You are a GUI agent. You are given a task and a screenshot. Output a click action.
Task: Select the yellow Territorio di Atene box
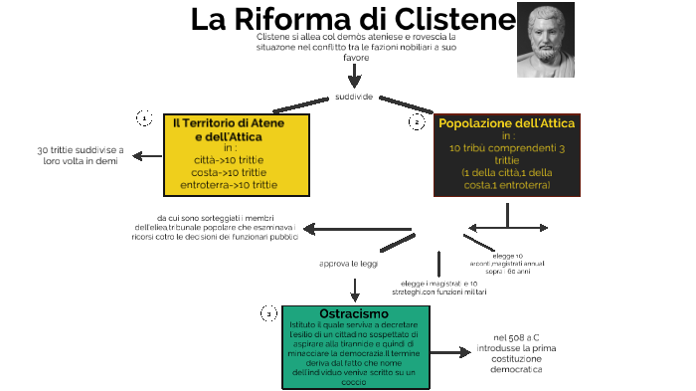click(x=236, y=154)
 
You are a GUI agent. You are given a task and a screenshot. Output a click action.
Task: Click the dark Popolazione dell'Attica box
click(x=506, y=155)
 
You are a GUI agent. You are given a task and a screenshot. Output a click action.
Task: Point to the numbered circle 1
click(x=143, y=118)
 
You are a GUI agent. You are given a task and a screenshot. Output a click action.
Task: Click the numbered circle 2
click(x=417, y=121)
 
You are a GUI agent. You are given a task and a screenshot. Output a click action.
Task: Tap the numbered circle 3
click(x=268, y=314)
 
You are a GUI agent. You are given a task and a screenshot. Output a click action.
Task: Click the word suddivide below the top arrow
click(x=354, y=97)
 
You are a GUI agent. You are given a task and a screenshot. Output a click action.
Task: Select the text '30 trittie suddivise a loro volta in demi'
click(x=80, y=155)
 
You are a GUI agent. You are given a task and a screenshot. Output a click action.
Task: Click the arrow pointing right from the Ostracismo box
click(x=449, y=352)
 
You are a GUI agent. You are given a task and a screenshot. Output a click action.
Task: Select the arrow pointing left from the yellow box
click(x=149, y=155)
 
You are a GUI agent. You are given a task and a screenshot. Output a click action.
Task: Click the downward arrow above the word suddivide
click(x=354, y=75)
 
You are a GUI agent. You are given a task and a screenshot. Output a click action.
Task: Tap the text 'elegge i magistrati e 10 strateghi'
click(x=438, y=289)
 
